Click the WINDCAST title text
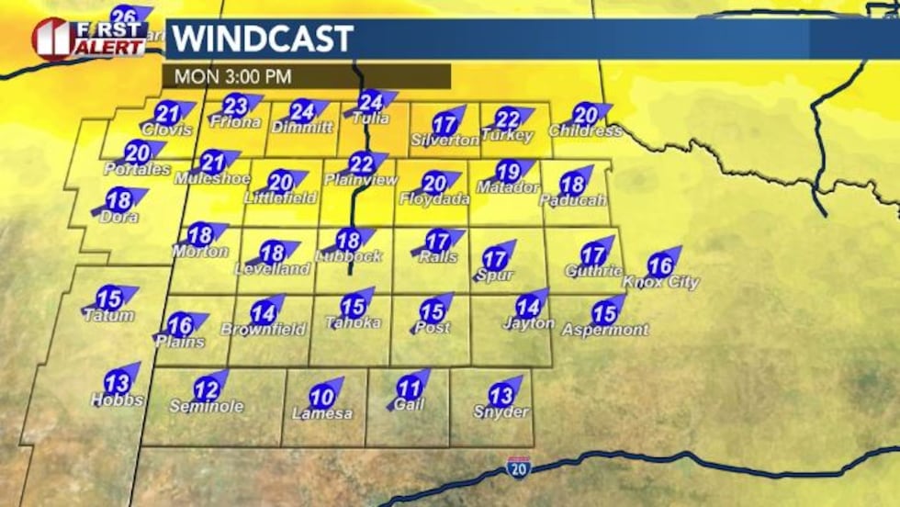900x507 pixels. tap(263, 39)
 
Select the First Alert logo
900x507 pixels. tap(88, 38)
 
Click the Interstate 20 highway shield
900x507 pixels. tap(517, 468)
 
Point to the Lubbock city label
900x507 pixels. tap(348, 257)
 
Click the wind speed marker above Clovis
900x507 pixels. tap(167, 114)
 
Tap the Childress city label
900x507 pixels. tap(587, 131)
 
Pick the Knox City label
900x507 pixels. tap(660, 283)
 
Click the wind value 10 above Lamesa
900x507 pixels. tap(321, 398)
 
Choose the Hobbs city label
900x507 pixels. tap(117, 400)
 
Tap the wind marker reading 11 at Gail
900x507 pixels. tap(410, 389)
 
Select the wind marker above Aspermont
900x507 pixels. tap(604, 312)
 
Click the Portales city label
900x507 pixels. tap(137, 170)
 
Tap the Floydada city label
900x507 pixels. tap(435, 199)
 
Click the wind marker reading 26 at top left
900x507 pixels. tap(127, 16)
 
